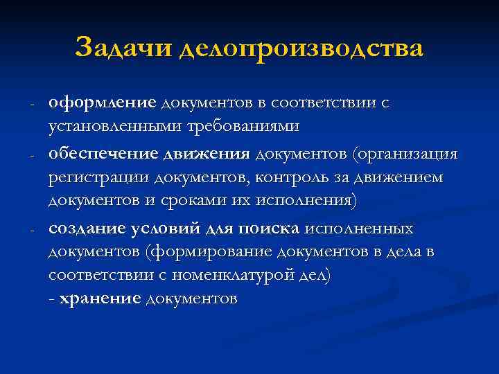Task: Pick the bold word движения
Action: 211,153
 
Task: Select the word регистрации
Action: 100,178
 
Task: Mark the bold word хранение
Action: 100,299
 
